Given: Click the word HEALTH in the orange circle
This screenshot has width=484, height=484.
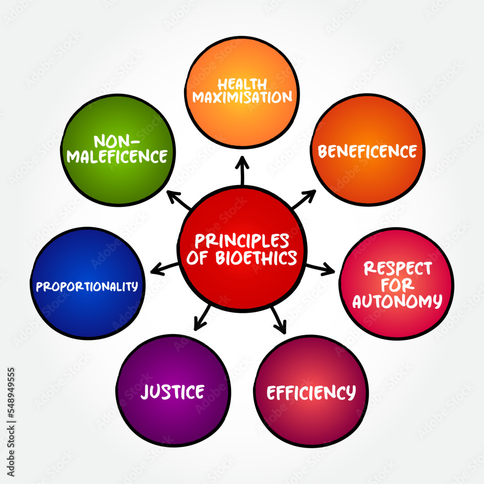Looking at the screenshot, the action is pyautogui.click(x=242, y=84).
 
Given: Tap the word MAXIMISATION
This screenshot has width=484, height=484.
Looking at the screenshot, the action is pyautogui.click(x=242, y=97).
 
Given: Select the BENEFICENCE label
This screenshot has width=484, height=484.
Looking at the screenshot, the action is pyautogui.click(x=367, y=151).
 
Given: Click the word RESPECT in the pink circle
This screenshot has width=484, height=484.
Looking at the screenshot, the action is pyautogui.click(x=397, y=268).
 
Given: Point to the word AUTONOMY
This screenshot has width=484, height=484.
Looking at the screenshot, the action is pyautogui.click(x=397, y=301).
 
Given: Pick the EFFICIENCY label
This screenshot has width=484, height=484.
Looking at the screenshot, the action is pyautogui.click(x=311, y=393).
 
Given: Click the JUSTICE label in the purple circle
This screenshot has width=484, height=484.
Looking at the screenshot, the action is pyautogui.click(x=173, y=392).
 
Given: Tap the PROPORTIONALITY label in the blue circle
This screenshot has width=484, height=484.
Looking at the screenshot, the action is pyautogui.click(x=87, y=287).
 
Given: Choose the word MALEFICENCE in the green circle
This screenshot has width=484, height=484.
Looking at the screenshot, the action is pyautogui.click(x=117, y=156).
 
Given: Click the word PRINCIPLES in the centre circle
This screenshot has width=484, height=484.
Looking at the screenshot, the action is pyautogui.click(x=242, y=241).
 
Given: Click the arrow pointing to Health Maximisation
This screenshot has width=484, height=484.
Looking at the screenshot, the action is pyautogui.click(x=242, y=170).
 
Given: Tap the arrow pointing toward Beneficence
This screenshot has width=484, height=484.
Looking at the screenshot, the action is pyautogui.click(x=304, y=199).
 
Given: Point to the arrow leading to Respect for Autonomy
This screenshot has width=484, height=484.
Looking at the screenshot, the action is pyautogui.click(x=320, y=268).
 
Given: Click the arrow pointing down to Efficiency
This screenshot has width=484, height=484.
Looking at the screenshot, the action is pyautogui.click(x=278, y=320).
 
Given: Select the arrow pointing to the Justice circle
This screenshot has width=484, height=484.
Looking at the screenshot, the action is pyautogui.click(x=202, y=318).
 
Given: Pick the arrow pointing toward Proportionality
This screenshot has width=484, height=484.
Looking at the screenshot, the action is pyautogui.click(x=165, y=269).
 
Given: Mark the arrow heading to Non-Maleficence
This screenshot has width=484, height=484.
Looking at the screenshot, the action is pyautogui.click(x=179, y=200).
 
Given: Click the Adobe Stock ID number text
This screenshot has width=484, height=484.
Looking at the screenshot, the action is pyautogui.click(x=11, y=422).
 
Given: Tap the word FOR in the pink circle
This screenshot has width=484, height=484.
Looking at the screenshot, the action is pyautogui.click(x=397, y=285).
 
